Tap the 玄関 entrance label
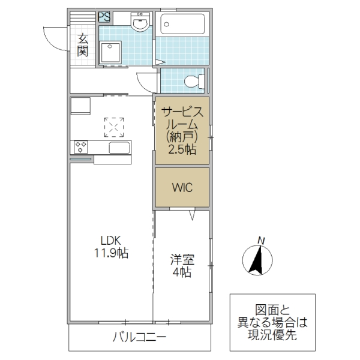point(82,45)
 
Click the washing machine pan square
point(111,52)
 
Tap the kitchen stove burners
point(82,146)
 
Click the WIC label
point(182,187)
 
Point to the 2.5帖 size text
point(182,150)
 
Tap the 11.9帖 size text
point(111,253)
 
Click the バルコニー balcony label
point(139,337)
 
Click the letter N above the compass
point(260,241)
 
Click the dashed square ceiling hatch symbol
point(113,127)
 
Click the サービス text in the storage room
point(182,112)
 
